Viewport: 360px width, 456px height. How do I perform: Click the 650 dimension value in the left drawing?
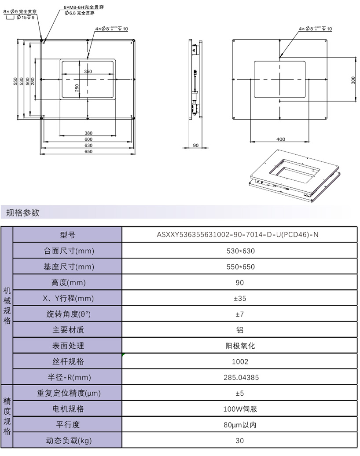[88, 152]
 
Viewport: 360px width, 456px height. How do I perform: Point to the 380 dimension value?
[88, 133]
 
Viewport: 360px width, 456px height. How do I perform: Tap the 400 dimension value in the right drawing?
[281, 139]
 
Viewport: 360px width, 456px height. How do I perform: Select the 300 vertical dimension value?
[353, 80]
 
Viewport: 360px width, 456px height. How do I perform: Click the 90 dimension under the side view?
[195, 146]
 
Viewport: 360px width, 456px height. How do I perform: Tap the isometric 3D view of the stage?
[294, 175]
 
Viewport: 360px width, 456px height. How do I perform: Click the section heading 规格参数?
[23, 212]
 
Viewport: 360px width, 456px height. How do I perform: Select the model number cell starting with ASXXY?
[238, 234]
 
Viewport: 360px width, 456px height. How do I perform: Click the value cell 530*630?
[241, 251]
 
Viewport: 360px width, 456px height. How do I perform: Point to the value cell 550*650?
[241, 266]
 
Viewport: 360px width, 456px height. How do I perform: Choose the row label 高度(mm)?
[68, 282]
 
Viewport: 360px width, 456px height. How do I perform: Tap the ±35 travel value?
[240, 299]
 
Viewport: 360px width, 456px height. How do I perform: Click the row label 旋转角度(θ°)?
[68, 314]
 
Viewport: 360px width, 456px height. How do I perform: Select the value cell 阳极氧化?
[240, 346]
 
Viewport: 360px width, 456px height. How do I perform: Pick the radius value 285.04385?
[241, 377]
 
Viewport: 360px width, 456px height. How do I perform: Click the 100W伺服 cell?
[240, 409]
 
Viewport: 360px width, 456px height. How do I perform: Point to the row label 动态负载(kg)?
[69, 441]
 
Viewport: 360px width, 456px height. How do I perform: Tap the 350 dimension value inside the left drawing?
[88, 72]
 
